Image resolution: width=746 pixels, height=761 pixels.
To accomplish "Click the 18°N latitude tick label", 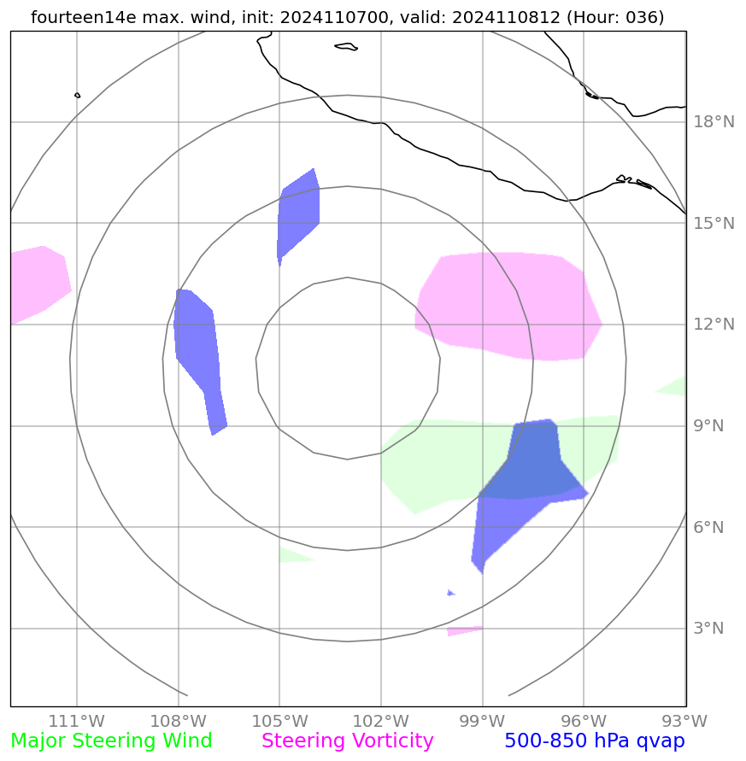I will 713,122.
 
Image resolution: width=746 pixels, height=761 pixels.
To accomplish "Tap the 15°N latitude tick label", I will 713,224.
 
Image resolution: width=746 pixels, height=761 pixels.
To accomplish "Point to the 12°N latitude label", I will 713,325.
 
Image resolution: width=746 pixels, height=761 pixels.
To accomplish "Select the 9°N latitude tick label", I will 709,426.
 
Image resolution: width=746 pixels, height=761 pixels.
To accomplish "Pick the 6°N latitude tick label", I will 709,527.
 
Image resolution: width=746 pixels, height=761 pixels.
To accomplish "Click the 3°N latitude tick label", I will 709,629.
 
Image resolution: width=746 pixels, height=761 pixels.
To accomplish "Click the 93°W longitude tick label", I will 684,720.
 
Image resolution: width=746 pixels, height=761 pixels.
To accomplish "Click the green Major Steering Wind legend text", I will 111,741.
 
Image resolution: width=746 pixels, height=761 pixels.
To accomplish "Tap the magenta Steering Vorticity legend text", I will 348,741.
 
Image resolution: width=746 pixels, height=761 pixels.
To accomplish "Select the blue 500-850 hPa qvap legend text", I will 595,741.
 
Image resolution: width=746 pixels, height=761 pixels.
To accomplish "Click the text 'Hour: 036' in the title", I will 618,17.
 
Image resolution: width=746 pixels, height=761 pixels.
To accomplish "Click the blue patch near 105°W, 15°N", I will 298,214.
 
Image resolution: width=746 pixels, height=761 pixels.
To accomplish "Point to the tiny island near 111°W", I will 77,95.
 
